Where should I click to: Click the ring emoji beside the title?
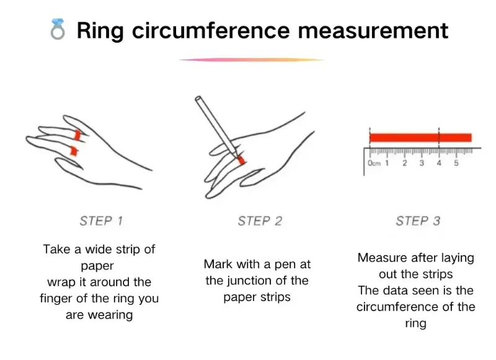point(58,29)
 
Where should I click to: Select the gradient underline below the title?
point(252,59)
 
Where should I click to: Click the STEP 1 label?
point(101,221)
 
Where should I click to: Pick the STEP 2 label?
point(260,221)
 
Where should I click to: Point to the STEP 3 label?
point(418,221)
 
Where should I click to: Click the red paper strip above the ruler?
point(420,138)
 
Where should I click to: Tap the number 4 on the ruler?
point(438,163)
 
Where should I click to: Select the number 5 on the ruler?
point(456,163)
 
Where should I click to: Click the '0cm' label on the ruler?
point(374,163)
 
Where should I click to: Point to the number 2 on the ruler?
point(404,163)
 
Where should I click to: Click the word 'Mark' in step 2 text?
point(218,264)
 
